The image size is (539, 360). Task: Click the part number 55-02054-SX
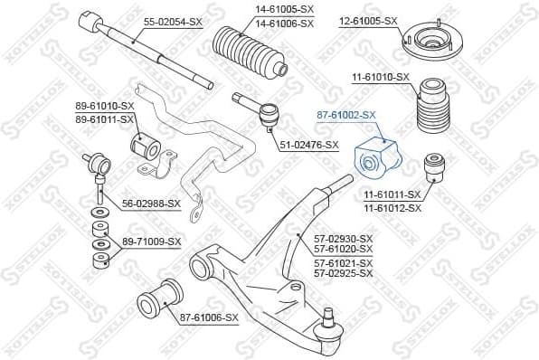coord(173,20)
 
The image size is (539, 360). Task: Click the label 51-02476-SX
coord(308,144)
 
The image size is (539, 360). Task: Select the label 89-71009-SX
coord(150,242)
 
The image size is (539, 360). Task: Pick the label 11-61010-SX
coord(380,79)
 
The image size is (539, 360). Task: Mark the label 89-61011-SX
coord(103,118)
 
